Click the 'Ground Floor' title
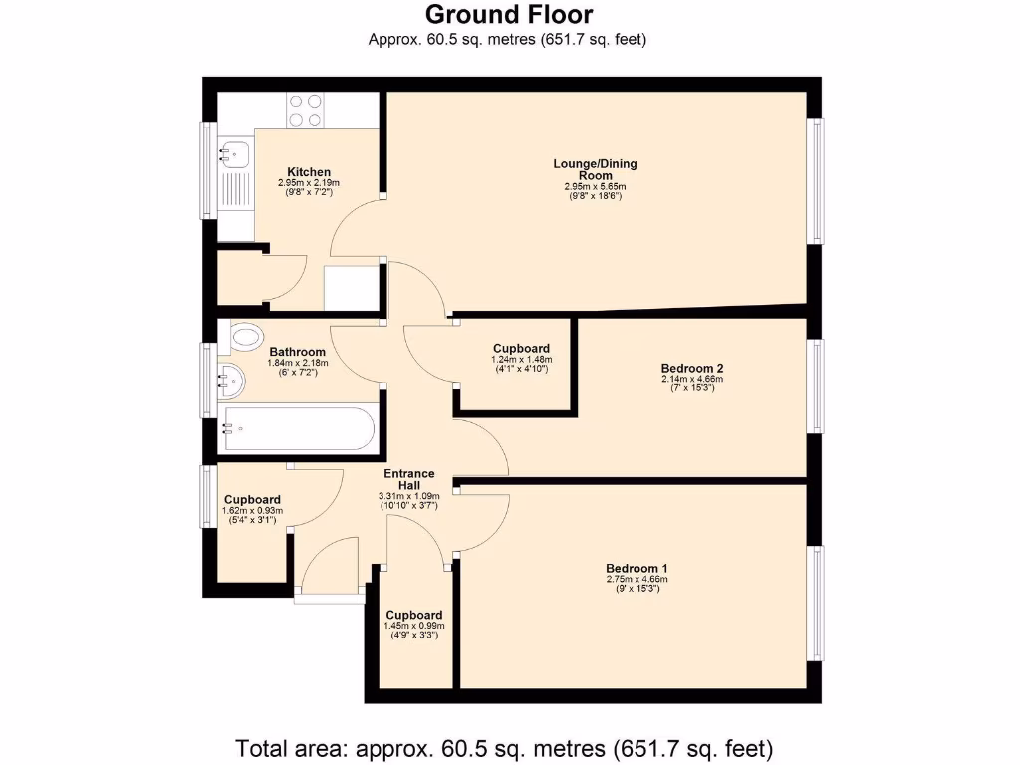point(509,15)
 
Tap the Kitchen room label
point(309,172)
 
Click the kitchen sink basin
point(235,154)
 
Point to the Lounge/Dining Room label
point(595,169)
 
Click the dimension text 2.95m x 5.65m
point(595,187)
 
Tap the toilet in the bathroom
point(244,338)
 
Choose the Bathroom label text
point(297,352)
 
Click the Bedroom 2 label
point(687,368)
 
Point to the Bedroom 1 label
point(637,568)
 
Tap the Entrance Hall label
point(408,479)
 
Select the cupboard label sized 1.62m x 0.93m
point(252,500)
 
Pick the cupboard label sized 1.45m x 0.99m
point(413,615)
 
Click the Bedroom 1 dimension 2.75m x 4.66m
point(637,580)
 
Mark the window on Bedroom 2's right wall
point(816,385)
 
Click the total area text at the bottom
point(504,747)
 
